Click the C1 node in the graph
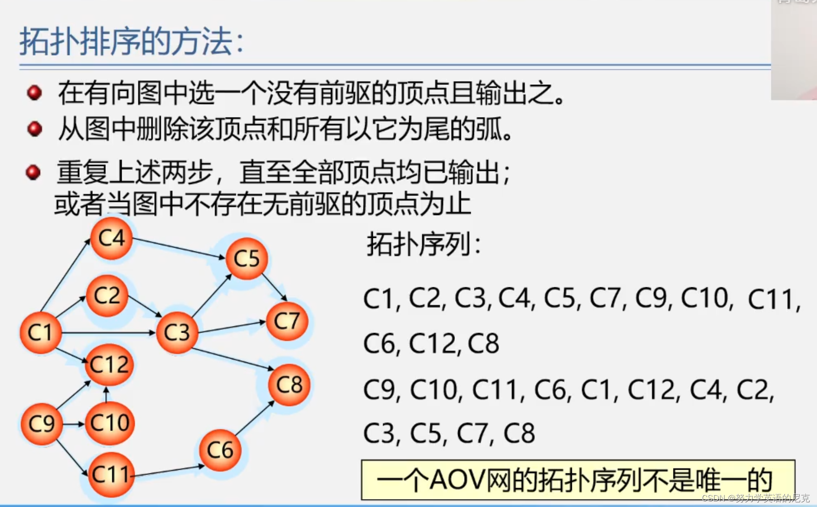coord(41,333)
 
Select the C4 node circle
coord(112,238)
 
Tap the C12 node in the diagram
coord(109,365)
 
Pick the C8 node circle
coord(289,385)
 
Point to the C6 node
coord(220,450)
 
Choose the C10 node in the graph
coord(110,423)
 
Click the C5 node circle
coord(247,258)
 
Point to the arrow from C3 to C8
coord(233,359)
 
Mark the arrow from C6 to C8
coord(254,418)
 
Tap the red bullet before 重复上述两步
coord(33,172)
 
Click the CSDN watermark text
coord(755,498)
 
